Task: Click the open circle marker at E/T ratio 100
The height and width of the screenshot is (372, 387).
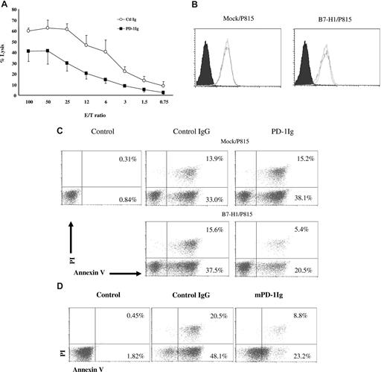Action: (x=29, y=31)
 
